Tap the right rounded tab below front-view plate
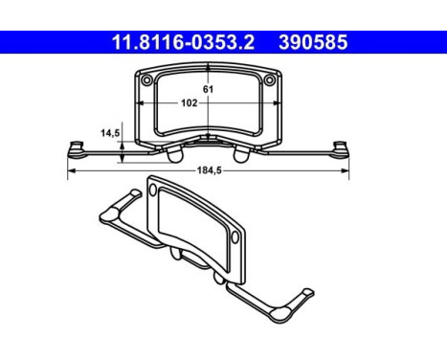[x=239, y=152]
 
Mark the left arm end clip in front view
[x=75, y=147]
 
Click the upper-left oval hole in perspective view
[x=151, y=192]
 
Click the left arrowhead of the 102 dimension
[x=142, y=103]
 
